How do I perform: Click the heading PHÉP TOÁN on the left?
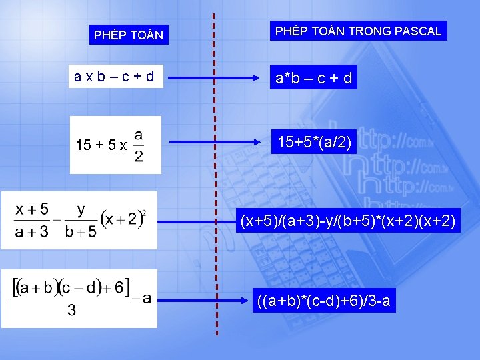click(x=129, y=35)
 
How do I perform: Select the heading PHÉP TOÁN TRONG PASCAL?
click(x=358, y=31)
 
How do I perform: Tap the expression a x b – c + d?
click(x=115, y=77)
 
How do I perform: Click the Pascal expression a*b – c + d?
click(x=311, y=79)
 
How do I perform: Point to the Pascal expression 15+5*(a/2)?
click(x=313, y=141)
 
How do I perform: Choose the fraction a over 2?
click(x=139, y=145)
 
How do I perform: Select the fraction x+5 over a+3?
click(x=32, y=220)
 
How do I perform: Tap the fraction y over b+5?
click(x=81, y=220)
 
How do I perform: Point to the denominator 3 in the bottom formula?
click(x=71, y=310)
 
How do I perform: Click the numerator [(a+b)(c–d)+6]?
click(x=71, y=288)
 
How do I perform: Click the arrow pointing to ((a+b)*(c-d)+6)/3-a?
click(x=207, y=301)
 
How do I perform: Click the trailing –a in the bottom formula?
click(x=141, y=298)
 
